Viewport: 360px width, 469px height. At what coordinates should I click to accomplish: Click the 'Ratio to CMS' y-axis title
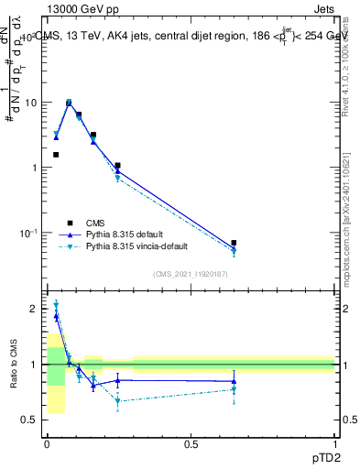[x=14, y=364]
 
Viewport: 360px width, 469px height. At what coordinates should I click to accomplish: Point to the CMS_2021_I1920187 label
[x=191, y=274]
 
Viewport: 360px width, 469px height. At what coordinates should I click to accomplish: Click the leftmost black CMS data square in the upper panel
[x=56, y=155]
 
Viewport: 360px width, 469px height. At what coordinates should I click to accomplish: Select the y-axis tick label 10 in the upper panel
[x=30, y=103]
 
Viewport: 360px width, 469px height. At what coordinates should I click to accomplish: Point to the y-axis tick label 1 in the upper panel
[x=34, y=168]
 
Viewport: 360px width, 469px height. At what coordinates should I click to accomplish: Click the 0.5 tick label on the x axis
[x=191, y=444]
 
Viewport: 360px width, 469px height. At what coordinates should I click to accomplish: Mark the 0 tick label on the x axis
[x=47, y=444]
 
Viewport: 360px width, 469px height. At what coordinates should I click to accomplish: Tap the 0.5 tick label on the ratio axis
[x=29, y=420]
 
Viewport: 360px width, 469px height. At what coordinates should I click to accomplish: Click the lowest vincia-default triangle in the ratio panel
[x=117, y=400]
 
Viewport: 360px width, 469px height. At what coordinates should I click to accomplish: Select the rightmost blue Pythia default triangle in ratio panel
[x=234, y=381]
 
